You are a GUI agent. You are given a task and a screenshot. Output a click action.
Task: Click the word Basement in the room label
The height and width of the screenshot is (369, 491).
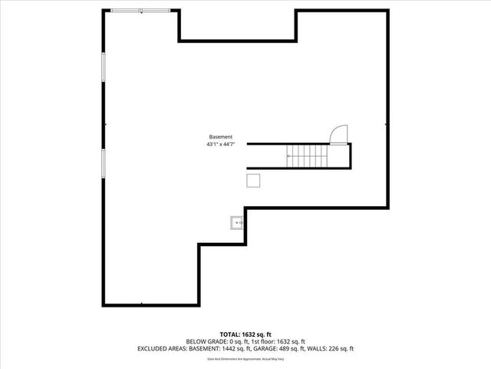tap(220, 137)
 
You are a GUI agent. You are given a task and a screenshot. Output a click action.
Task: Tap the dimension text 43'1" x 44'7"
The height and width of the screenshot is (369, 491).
tap(220, 144)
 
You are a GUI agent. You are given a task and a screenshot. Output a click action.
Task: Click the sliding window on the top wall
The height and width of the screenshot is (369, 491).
tap(141, 10)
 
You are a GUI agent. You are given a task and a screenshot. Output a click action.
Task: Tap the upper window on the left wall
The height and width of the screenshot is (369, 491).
tap(103, 66)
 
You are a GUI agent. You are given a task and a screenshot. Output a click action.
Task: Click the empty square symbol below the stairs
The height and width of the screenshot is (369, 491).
tap(253, 180)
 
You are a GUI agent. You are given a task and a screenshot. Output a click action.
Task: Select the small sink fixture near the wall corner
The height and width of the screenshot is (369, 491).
tap(236, 223)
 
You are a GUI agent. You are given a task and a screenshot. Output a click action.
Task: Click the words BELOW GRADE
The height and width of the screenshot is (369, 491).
tap(205, 341)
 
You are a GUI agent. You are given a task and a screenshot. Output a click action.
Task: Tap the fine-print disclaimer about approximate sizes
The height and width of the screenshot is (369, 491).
tap(245, 359)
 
